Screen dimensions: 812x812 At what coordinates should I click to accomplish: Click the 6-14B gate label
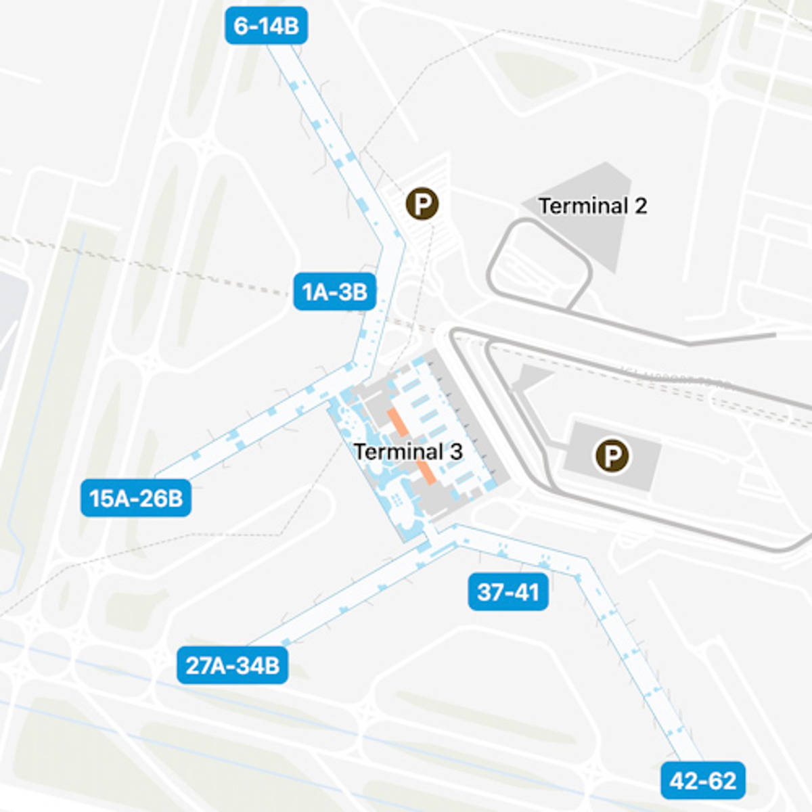click(x=266, y=26)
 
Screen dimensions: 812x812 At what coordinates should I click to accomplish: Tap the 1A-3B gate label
click(x=334, y=292)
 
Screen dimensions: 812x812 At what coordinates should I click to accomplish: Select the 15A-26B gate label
click(x=136, y=498)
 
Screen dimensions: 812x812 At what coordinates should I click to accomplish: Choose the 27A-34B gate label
click(x=233, y=665)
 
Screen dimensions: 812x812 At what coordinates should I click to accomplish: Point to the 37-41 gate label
click(x=508, y=592)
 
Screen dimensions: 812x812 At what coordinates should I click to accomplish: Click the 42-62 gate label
click(x=703, y=780)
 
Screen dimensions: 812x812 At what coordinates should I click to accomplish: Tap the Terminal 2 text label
click(x=592, y=206)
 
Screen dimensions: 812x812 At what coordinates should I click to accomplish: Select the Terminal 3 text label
click(x=408, y=451)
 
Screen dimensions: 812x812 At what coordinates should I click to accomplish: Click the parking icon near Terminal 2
click(x=422, y=203)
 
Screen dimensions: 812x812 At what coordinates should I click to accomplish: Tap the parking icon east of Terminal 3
click(x=612, y=456)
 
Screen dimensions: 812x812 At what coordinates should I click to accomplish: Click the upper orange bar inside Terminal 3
click(x=398, y=422)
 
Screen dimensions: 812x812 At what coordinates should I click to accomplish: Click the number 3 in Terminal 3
click(x=456, y=451)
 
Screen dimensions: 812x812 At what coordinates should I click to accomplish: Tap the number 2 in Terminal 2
click(x=640, y=206)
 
